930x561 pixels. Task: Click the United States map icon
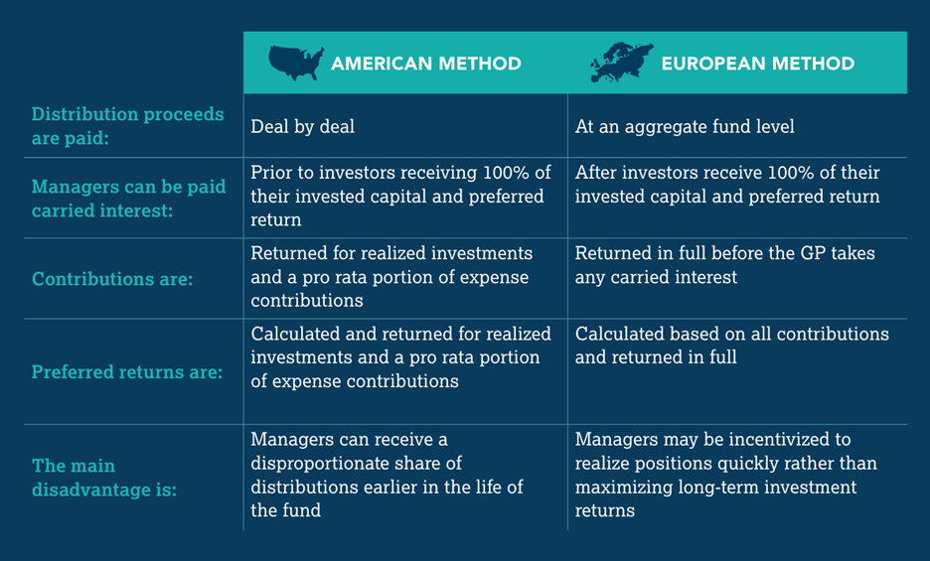(296, 63)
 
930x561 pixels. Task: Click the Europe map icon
(621, 63)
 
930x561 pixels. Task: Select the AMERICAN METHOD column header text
(425, 64)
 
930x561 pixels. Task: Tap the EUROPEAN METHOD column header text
(757, 64)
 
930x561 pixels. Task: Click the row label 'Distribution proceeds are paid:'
(127, 126)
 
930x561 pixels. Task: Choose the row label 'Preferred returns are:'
(127, 373)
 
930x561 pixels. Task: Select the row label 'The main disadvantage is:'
(103, 477)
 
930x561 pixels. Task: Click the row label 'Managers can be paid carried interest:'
(128, 198)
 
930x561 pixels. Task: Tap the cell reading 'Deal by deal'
(302, 126)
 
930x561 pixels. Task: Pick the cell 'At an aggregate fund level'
(685, 126)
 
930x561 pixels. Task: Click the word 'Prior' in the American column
(270, 172)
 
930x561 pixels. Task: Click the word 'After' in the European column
(596, 172)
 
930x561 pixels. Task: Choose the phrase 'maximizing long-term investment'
(715, 487)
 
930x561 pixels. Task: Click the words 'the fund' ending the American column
(284, 510)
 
